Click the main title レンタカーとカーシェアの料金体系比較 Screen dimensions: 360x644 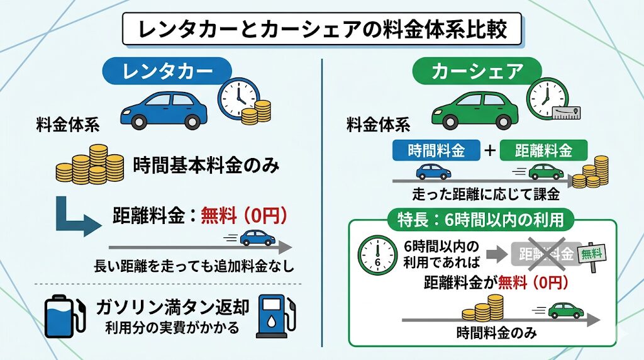pyautogui.click(x=321, y=30)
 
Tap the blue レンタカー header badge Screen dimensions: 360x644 pyautogui.click(x=165, y=71)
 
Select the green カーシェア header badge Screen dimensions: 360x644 pyautogui.click(x=477, y=71)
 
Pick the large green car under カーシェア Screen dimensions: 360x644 pyautogui.click(x=475, y=108)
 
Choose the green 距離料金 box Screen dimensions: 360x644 pyautogui.click(x=543, y=150)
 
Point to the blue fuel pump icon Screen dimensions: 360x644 pyautogui.click(x=272, y=318)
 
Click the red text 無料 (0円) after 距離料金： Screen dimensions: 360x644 pyautogui.click(x=244, y=216)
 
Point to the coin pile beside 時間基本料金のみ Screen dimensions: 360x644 pyautogui.click(x=89, y=165)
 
